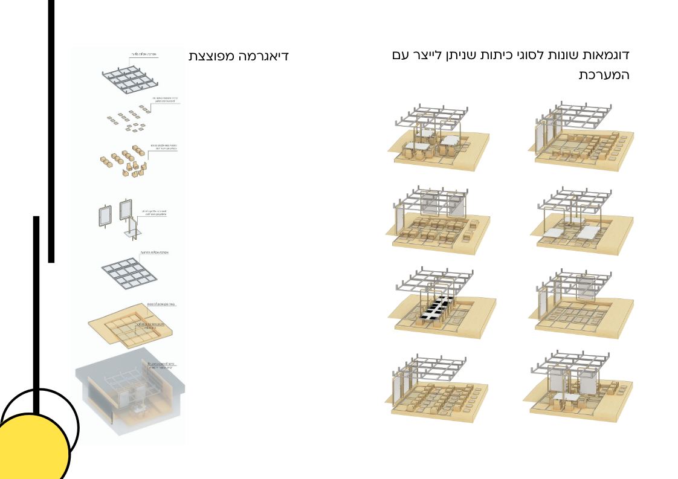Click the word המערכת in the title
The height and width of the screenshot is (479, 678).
tap(604, 76)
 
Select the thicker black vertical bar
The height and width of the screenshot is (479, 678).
tap(51, 130)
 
